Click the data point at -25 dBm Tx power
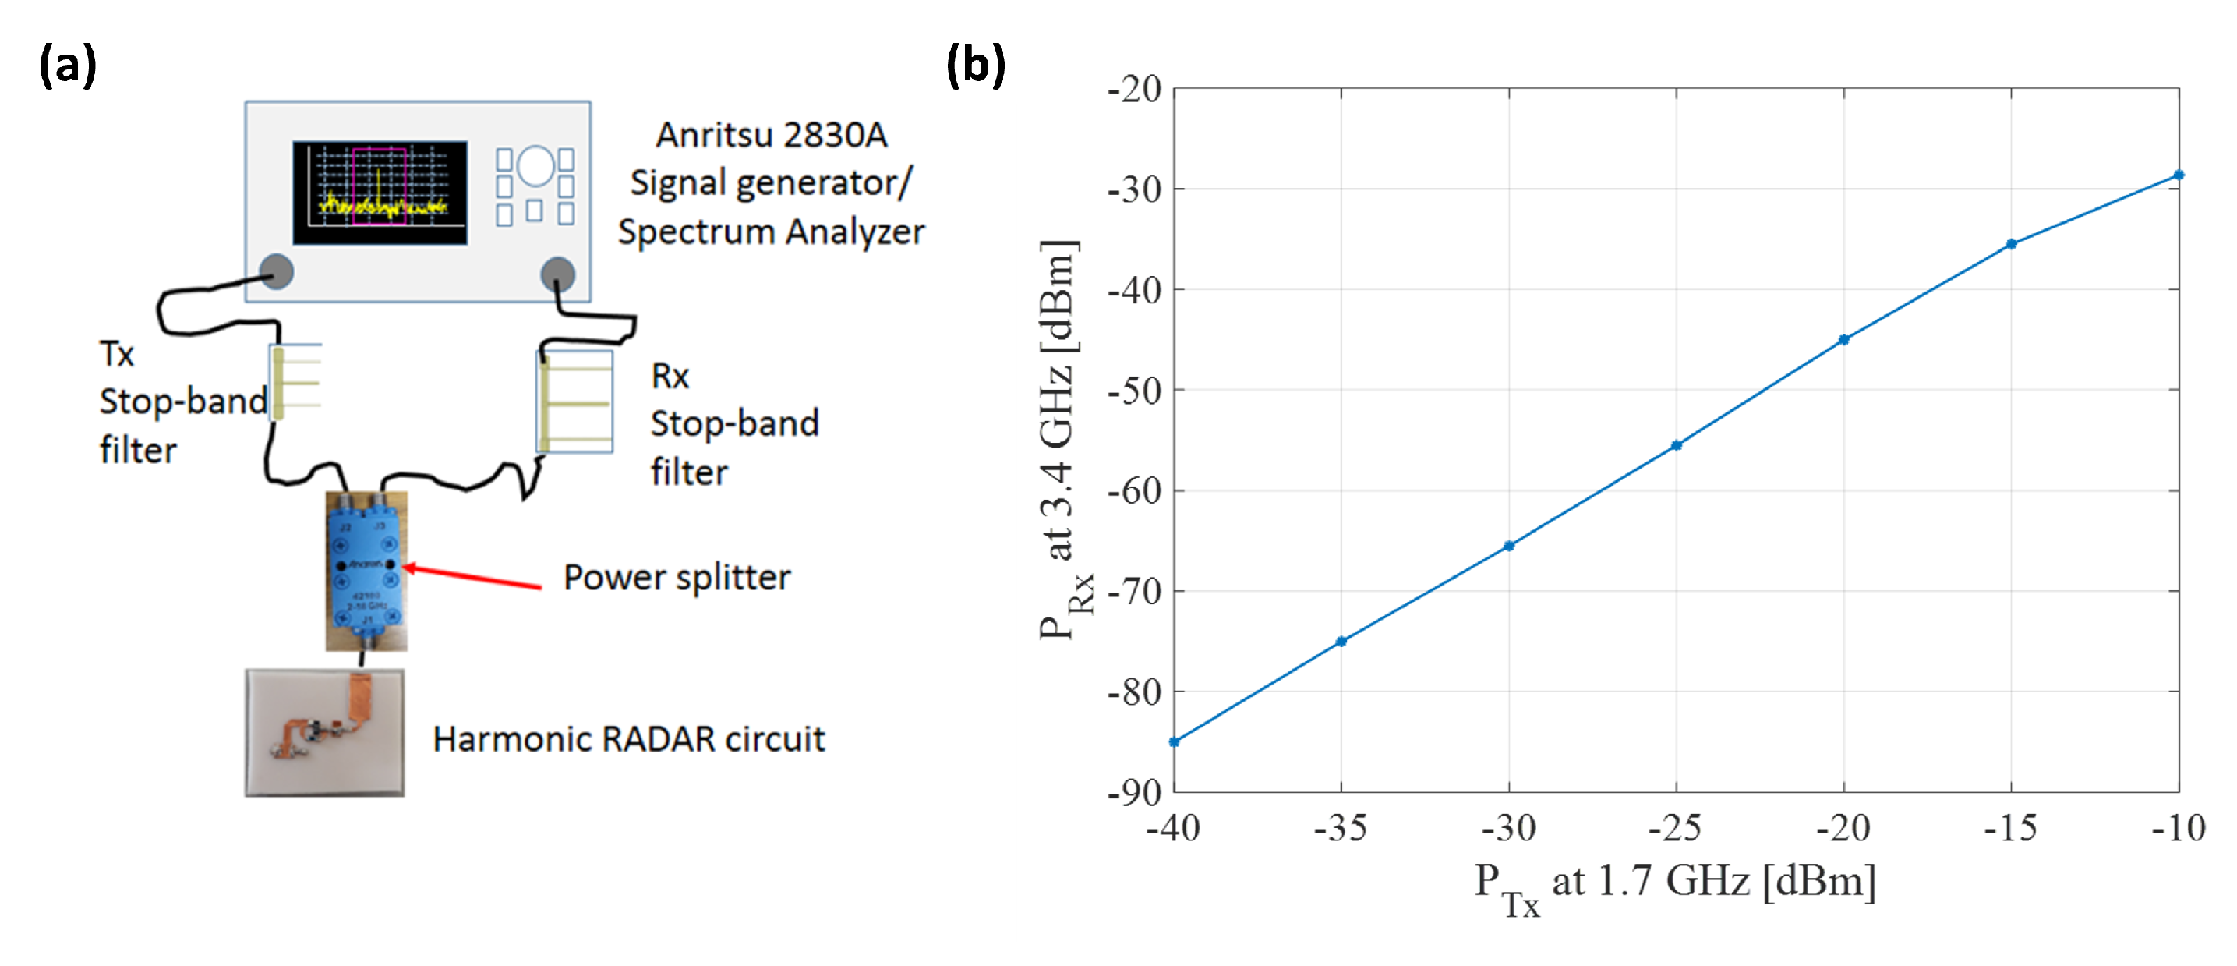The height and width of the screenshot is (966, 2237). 1676,446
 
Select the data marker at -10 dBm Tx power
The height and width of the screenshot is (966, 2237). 2178,175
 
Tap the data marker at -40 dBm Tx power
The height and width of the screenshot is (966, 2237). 1174,742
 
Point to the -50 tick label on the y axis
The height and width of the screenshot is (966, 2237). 1134,391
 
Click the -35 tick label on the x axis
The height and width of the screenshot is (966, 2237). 1340,829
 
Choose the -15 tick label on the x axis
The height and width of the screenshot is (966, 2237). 2010,829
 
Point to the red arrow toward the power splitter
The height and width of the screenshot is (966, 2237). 473,577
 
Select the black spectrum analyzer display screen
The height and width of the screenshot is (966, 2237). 380,192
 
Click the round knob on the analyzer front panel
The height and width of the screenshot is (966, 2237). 535,166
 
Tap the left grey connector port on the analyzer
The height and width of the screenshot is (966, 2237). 277,271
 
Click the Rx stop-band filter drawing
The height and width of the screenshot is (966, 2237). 574,402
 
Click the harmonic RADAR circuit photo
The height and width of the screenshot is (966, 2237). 324,731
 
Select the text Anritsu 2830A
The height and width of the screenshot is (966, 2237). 771,135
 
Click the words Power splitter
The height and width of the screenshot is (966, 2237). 677,578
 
